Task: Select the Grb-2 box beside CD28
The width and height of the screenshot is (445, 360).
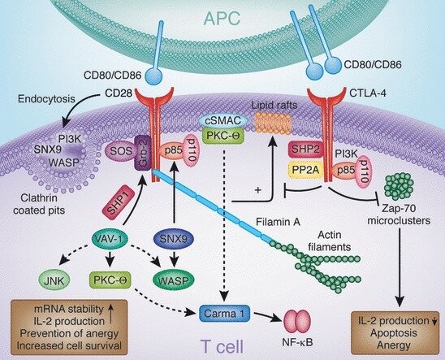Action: click(x=142, y=153)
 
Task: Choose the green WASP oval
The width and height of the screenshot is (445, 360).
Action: click(x=174, y=280)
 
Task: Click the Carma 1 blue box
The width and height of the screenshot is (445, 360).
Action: click(x=224, y=314)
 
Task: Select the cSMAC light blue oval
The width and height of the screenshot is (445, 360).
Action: click(x=223, y=121)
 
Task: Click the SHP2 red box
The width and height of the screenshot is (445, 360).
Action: click(x=306, y=149)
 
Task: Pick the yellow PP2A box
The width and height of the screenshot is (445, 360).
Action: click(x=306, y=170)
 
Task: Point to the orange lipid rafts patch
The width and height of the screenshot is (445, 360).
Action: click(x=274, y=123)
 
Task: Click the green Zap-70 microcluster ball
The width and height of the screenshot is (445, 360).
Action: click(x=399, y=187)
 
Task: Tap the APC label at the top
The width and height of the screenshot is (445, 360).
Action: click(x=222, y=19)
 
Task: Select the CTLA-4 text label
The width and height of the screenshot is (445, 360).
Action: click(x=368, y=93)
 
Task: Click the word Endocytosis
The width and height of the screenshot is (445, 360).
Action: click(x=46, y=99)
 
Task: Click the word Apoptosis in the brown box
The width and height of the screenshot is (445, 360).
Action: click(x=393, y=333)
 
